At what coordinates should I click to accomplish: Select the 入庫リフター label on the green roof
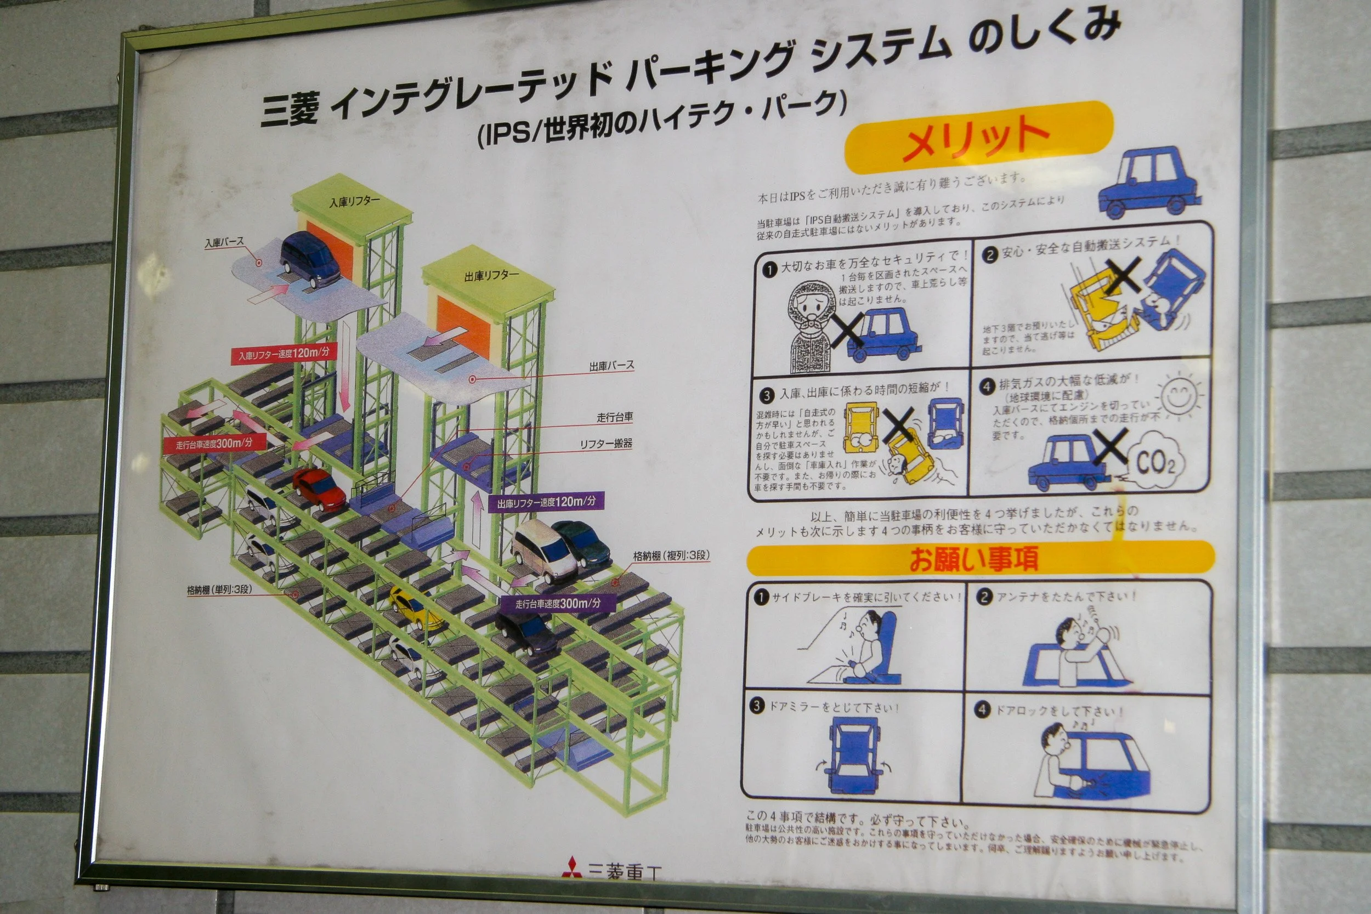tap(354, 202)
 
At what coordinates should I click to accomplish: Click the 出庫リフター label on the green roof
tap(491, 275)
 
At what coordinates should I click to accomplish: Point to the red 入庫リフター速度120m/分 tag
tap(284, 354)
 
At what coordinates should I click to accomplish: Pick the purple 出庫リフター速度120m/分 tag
tap(546, 502)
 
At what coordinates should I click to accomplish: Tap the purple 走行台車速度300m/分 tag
tap(557, 603)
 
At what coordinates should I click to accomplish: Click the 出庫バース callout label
tap(611, 366)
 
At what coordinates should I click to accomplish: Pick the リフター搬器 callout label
tap(605, 444)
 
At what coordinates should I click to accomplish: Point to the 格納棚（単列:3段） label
tap(219, 590)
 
